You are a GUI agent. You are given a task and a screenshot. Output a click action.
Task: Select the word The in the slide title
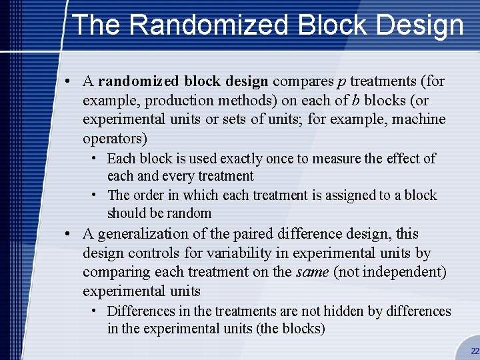pyautogui.click(x=96, y=25)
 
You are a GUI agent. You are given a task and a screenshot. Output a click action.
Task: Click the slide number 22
pyautogui.click(x=475, y=351)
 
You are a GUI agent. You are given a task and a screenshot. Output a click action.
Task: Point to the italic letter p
pyautogui.click(x=341, y=82)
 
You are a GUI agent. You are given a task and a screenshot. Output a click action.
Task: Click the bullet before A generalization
pyautogui.click(x=69, y=234)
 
